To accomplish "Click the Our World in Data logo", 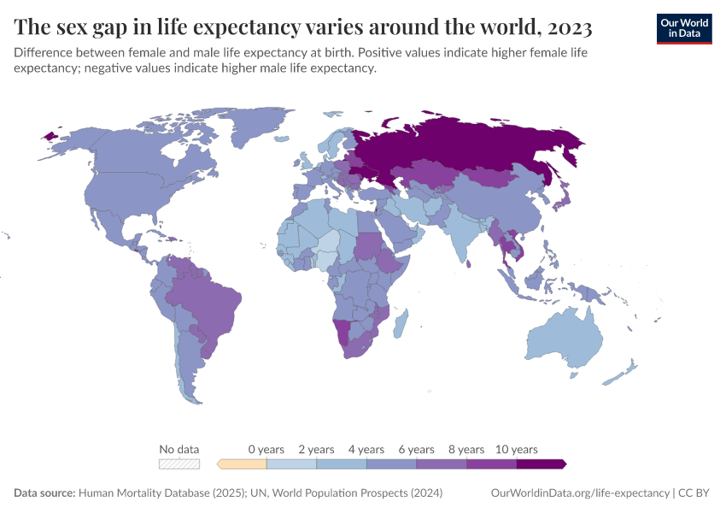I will pos(683,27).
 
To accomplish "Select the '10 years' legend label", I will pos(517,449).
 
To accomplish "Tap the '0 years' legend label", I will pos(266,449).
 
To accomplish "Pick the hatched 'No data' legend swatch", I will pos(179,464).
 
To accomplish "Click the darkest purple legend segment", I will pos(541,464).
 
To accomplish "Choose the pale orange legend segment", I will pos(243,464).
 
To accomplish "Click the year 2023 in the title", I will pos(566,28).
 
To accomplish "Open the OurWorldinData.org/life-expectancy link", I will pos(581,493).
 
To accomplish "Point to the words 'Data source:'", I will pos(44,493).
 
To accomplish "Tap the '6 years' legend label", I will pos(417,449).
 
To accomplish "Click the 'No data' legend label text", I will pos(179,449).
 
